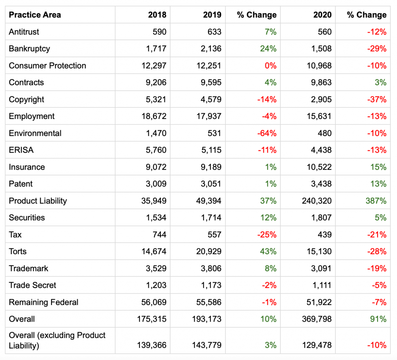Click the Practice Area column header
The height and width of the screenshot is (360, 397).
(35, 15)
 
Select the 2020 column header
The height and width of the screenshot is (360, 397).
(323, 15)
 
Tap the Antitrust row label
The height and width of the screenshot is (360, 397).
(24, 32)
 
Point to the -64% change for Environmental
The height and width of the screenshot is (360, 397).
(267, 133)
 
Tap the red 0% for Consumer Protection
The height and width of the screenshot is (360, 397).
(270, 66)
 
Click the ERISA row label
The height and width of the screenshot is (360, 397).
(21, 150)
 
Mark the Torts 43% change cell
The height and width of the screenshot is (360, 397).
(268, 251)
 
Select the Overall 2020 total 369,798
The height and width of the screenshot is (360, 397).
(316, 319)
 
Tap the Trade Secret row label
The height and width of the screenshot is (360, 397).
(33, 285)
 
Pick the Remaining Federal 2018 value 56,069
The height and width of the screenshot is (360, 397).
(152, 302)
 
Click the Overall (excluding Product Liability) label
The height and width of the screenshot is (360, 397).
(57, 340)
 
